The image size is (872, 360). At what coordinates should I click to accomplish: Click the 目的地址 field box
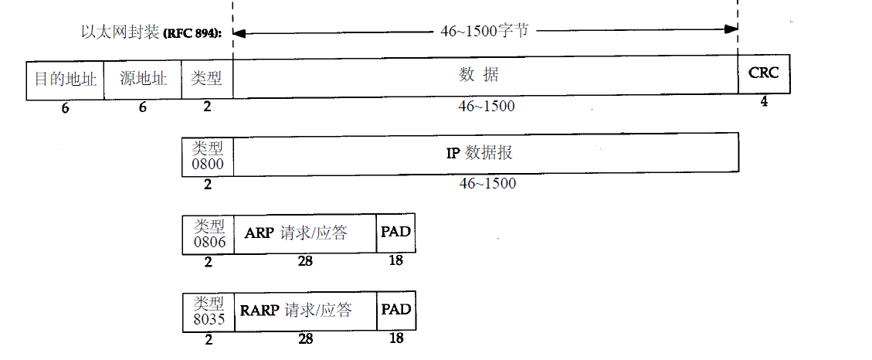coord(66,80)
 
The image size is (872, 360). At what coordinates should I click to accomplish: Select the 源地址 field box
coord(143,80)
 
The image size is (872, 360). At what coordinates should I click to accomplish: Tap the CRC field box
coord(764,74)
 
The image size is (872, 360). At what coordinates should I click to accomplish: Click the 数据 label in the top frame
coord(479,75)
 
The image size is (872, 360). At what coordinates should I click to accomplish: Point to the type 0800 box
coord(207,155)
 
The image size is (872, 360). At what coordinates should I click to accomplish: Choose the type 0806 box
coord(209,233)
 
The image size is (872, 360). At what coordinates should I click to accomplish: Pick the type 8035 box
coord(209,311)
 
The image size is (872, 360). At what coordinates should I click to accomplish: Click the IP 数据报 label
coord(480,153)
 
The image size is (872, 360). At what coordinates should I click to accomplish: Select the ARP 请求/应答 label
coord(296,233)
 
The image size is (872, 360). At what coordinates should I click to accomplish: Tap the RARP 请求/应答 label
coord(296,310)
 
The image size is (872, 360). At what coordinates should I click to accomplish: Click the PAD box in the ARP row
coord(396,233)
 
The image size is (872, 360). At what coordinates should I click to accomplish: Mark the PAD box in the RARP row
coord(396,311)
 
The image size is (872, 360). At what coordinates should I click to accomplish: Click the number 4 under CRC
coord(764,101)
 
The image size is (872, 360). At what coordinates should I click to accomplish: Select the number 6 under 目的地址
coord(65,108)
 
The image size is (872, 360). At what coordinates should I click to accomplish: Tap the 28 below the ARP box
coord(305,261)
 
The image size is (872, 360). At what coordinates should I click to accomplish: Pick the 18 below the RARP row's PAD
coord(396,338)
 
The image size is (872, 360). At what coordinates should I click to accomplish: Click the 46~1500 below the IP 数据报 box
coord(487,184)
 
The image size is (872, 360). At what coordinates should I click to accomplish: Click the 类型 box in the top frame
coord(207,80)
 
